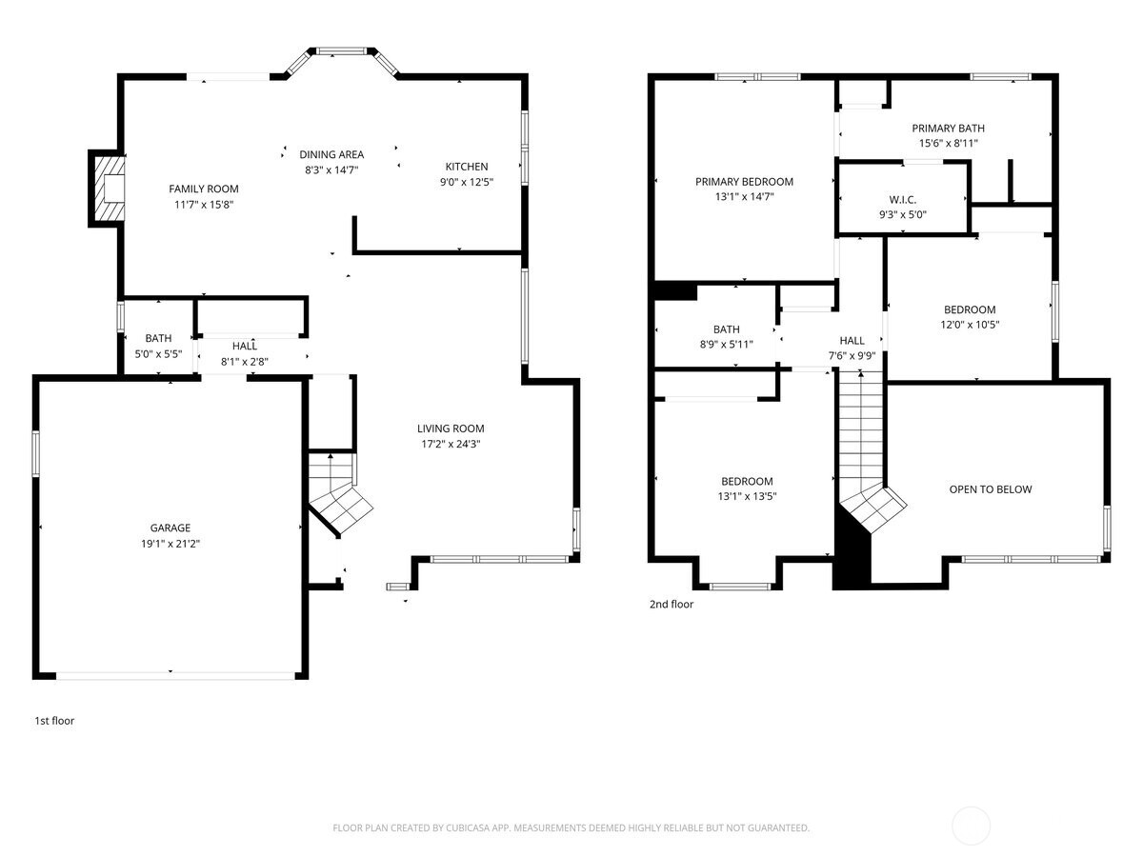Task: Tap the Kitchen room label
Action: [466, 167]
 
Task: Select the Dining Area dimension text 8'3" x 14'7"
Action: [331, 169]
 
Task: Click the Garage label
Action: [170, 528]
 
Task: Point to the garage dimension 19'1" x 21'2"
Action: [170, 543]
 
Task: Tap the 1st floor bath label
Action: [158, 338]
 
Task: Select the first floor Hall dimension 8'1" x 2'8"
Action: [245, 362]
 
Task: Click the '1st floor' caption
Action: [54, 721]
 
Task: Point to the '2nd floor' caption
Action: [672, 604]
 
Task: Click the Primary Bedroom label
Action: [744, 182]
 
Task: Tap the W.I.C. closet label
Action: [902, 200]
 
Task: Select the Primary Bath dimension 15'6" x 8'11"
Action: [948, 143]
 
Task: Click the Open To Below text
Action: [990, 489]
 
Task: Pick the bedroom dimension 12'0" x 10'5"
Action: [970, 324]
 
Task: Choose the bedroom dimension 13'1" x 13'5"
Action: [747, 496]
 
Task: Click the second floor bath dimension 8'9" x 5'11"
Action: [726, 345]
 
